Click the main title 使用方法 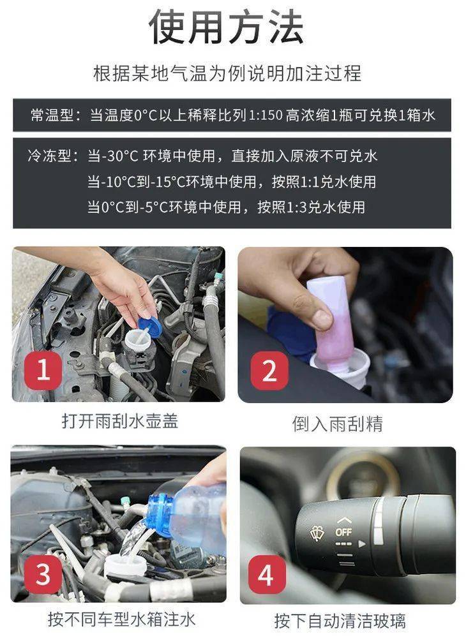tap(227, 27)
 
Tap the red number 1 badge tap(43, 371)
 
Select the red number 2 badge tap(269, 371)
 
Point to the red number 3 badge tap(43, 574)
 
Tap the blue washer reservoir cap tap(150, 327)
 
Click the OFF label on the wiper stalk tap(343, 532)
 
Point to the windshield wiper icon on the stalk tap(318, 533)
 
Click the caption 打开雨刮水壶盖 tap(120, 420)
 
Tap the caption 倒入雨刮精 tap(337, 424)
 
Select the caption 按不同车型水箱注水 tap(121, 619)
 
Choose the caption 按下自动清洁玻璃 tap(340, 621)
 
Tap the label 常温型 tap(52, 115)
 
